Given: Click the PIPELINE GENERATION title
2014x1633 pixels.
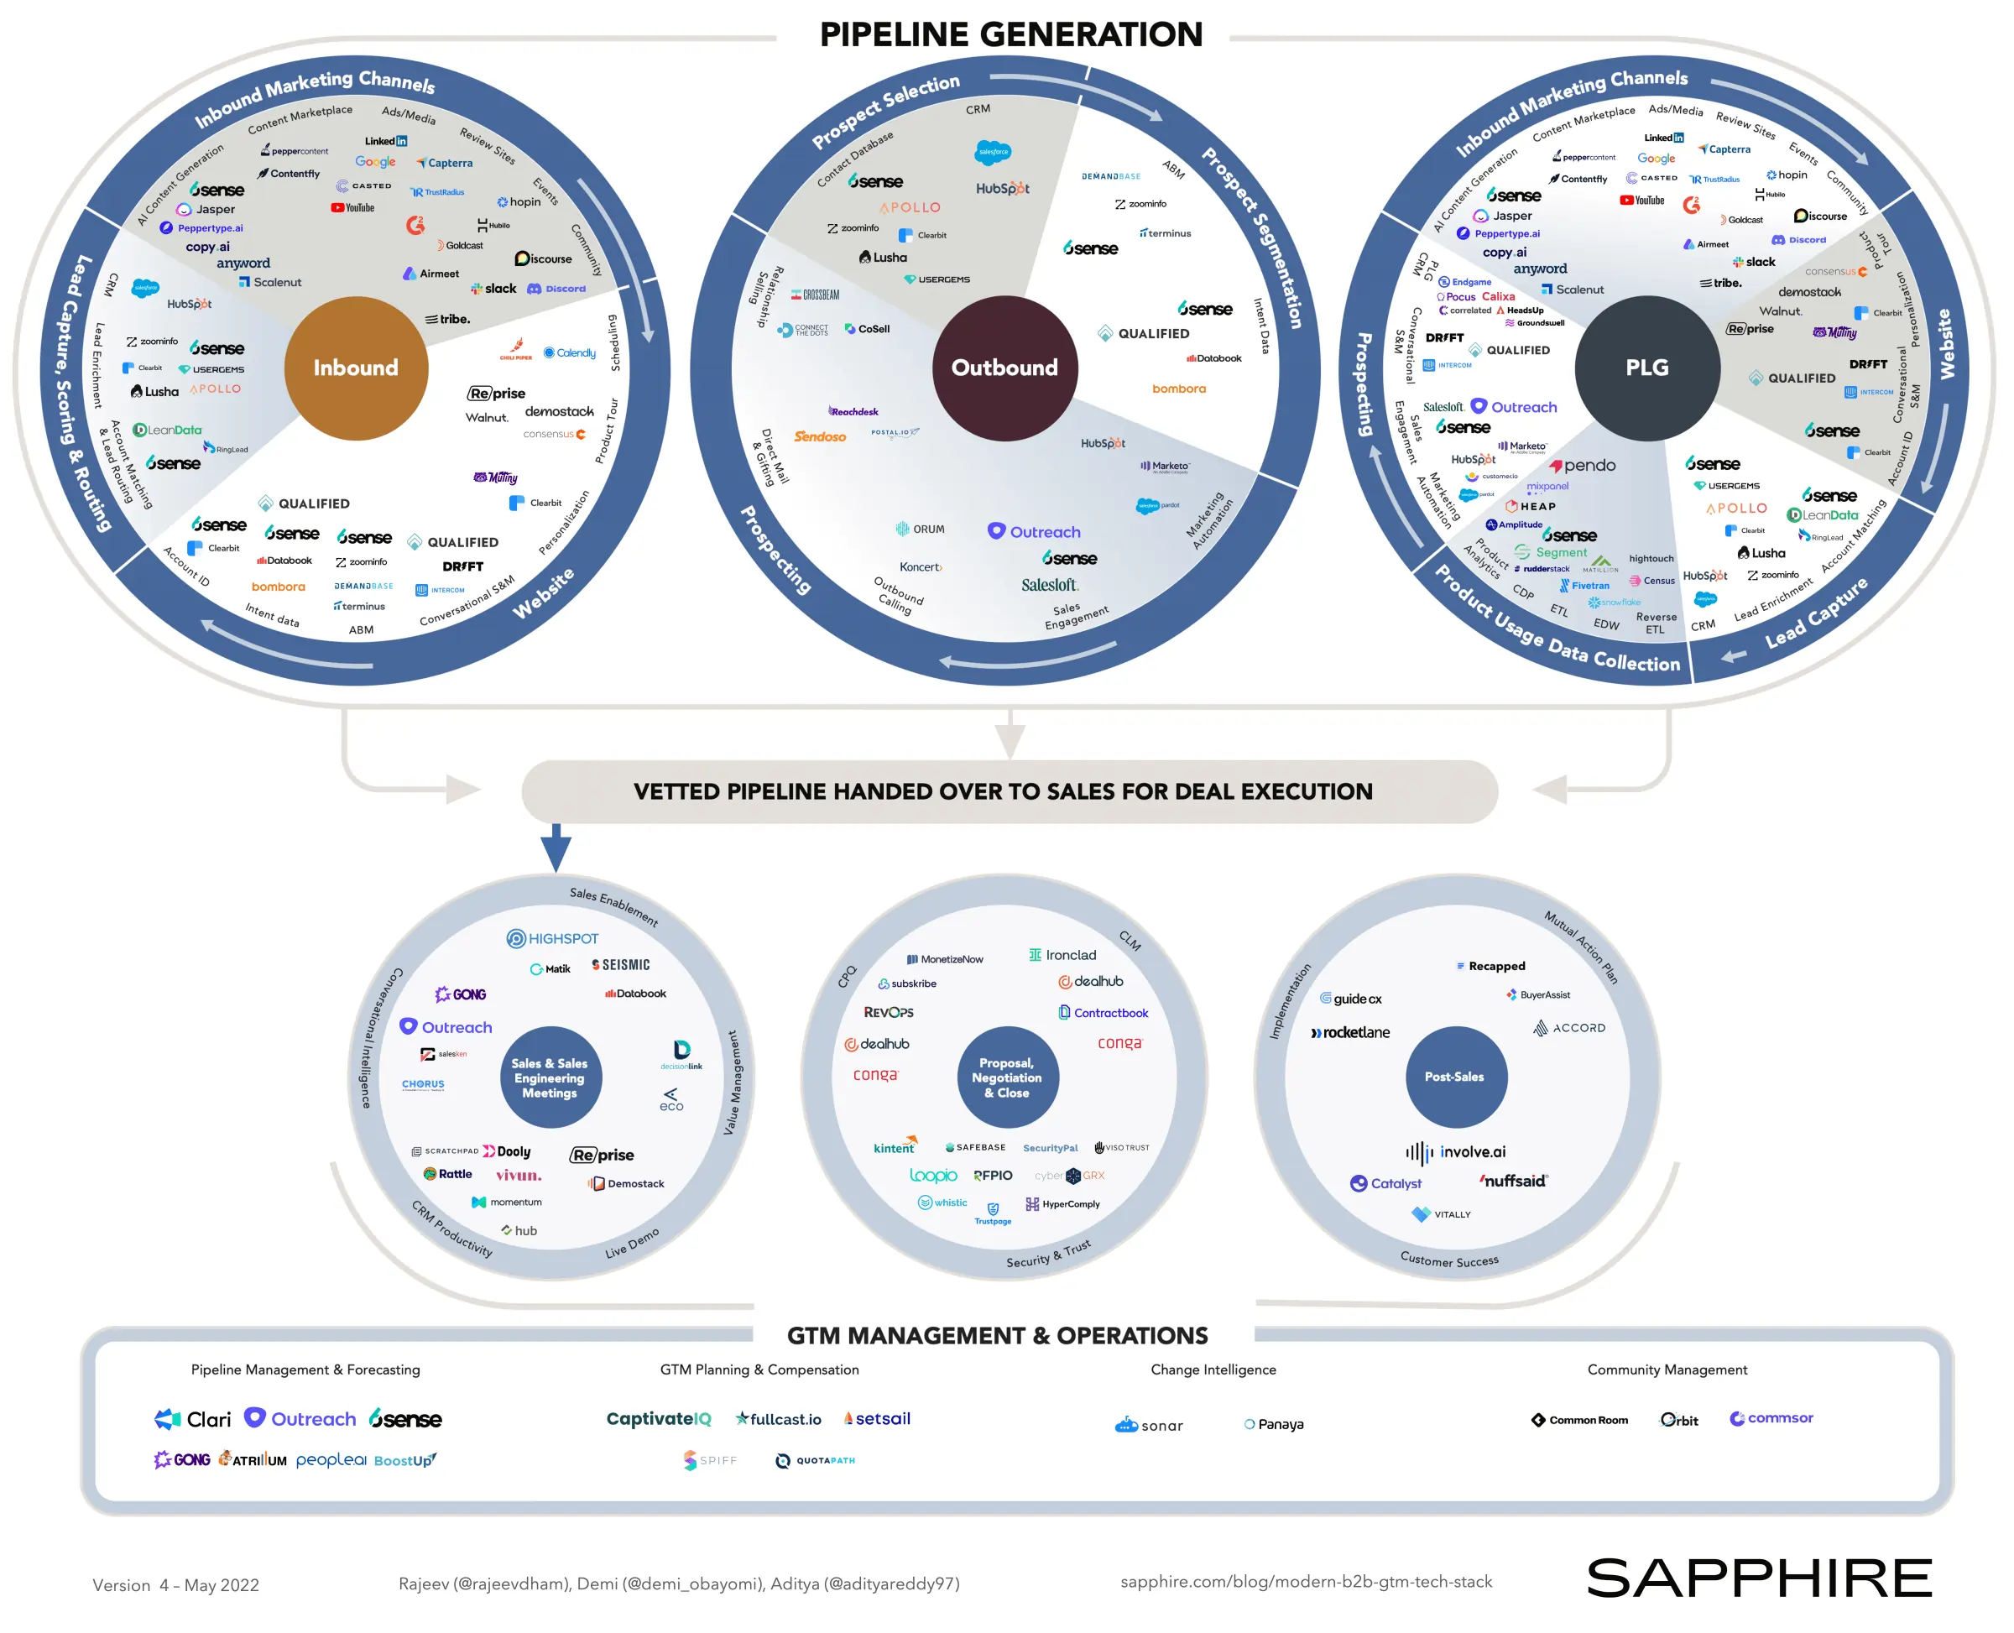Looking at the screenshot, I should coord(1010,34).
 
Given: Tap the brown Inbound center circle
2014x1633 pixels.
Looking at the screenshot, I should coord(356,368).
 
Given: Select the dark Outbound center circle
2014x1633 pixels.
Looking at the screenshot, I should coord(1004,368).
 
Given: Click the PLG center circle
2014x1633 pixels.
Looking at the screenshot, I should coord(1646,368).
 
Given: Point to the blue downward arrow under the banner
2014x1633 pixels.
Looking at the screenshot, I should coord(556,848).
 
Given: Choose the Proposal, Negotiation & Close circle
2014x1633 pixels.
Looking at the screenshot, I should coord(1006,1077).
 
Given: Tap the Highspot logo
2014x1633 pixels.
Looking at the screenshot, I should coord(552,938).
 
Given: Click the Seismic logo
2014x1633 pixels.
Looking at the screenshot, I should coord(621,964).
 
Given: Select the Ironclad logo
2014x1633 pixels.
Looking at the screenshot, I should coord(1062,955).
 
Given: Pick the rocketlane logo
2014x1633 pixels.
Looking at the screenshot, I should coord(1350,1032).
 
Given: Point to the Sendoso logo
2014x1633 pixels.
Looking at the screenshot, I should coord(819,436).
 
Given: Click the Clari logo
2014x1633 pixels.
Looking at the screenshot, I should coord(193,1418).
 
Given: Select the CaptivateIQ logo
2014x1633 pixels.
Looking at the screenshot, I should coord(659,1418).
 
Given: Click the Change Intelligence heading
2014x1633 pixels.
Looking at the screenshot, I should coord(1213,1370).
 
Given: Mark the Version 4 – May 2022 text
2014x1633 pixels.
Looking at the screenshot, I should coord(176,1585).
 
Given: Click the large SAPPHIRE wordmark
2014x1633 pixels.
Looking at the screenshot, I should coord(1758,1578).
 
